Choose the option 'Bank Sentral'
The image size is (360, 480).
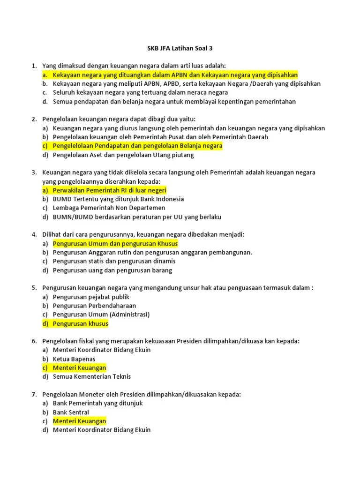71,412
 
